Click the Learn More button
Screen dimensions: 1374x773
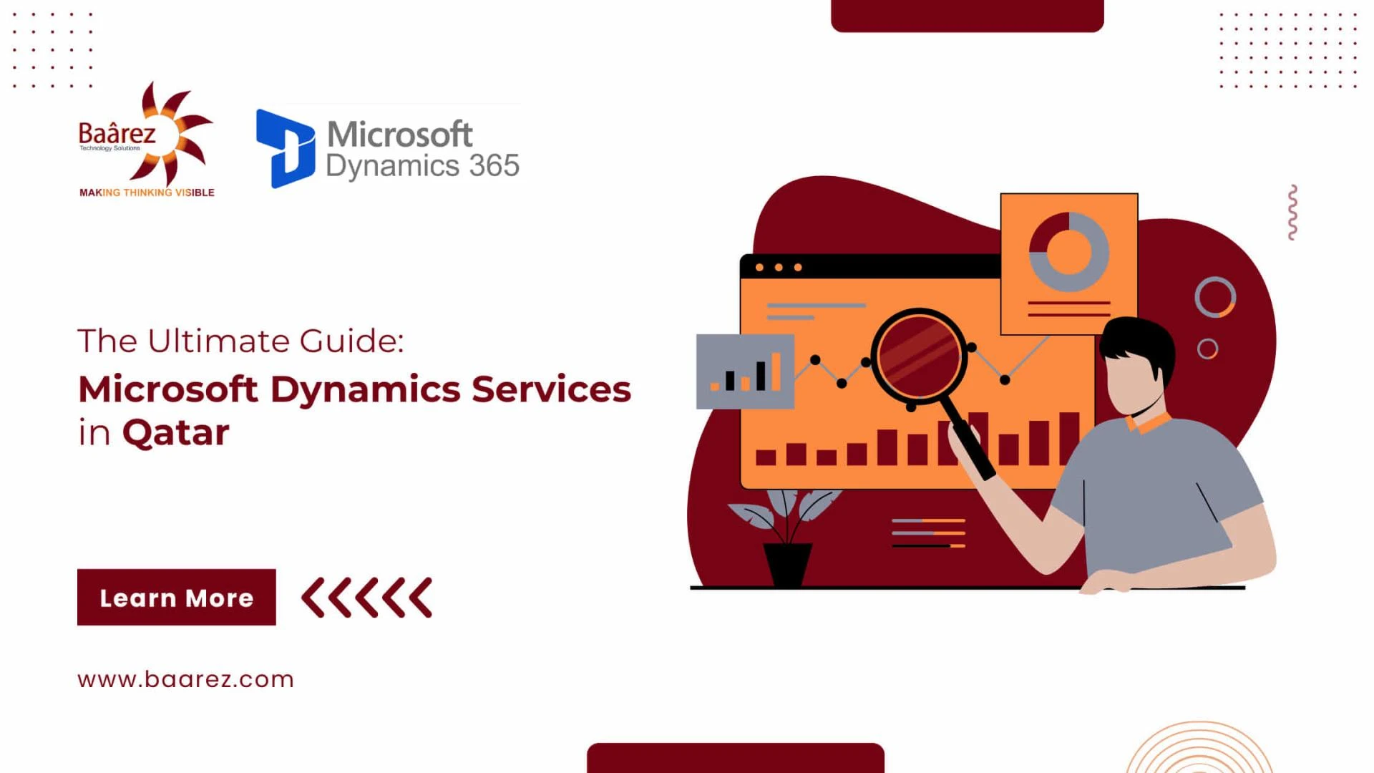point(176,597)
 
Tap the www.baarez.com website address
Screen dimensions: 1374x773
point(185,679)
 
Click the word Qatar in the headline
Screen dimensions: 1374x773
point(175,433)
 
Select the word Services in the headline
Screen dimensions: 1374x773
point(551,389)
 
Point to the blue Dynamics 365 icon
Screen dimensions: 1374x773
point(285,148)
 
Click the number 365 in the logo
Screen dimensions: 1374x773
point(494,165)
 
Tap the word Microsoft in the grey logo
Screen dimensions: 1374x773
point(399,134)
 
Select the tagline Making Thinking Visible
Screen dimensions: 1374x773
point(147,193)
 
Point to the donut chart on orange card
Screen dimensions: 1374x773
point(1069,251)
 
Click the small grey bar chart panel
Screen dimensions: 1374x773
point(745,371)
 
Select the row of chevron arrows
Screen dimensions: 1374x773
point(366,597)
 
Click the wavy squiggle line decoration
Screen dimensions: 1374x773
point(1292,213)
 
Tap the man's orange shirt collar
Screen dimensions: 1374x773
point(1149,423)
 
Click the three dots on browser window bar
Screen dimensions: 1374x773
point(779,268)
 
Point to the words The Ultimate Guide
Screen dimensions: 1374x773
point(240,341)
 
